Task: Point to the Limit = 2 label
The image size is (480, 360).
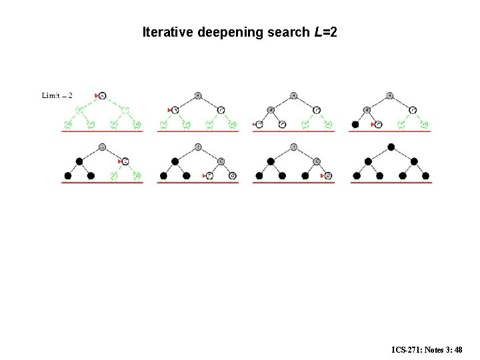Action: click(57, 95)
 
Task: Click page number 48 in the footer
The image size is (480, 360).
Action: click(458, 349)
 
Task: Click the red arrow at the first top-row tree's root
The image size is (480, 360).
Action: click(97, 96)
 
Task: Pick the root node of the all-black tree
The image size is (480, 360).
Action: click(391, 147)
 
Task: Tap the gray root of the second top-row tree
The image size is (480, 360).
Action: click(198, 95)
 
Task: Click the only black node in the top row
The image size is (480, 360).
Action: click(356, 124)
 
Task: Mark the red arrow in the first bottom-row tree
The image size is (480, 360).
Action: click(120, 161)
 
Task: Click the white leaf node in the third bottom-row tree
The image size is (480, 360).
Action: click(328, 176)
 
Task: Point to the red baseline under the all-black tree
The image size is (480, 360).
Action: click(391, 182)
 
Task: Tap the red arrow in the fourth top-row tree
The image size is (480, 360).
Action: click(373, 124)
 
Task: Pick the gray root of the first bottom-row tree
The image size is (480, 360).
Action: click(102, 147)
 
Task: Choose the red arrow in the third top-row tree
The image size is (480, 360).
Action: click(255, 124)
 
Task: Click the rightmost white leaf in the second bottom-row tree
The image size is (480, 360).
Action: click(232, 176)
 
